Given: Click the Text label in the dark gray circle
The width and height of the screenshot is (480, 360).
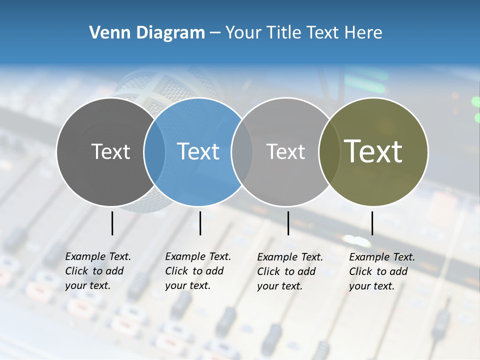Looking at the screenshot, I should pyautogui.click(x=110, y=151).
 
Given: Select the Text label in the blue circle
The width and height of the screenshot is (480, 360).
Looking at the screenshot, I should pyautogui.click(x=198, y=151).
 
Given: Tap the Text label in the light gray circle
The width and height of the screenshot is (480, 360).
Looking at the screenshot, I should pyautogui.click(x=285, y=151).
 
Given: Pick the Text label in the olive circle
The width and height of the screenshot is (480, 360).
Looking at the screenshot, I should pyautogui.click(x=373, y=151).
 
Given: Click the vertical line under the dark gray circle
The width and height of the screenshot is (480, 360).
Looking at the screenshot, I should pyautogui.click(x=112, y=223).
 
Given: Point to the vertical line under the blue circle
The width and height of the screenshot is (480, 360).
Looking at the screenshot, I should pyautogui.click(x=200, y=223).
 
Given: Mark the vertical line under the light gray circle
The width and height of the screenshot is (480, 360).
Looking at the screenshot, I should pyautogui.click(x=288, y=223).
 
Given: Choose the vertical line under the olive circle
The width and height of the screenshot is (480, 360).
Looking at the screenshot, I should pyautogui.click(x=372, y=223).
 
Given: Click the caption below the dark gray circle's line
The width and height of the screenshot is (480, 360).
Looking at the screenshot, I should pyautogui.click(x=97, y=271).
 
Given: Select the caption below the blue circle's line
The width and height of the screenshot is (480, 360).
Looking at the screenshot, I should pyautogui.click(x=197, y=271).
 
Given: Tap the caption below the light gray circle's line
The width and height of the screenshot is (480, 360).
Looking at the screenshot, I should pyautogui.click(x=289, y=271).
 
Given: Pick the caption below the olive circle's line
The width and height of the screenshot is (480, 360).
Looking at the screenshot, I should pyautogui.click(x=381, y=271).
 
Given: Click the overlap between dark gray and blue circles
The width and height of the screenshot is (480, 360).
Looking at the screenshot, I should pyautogui.click(x=154, y=151).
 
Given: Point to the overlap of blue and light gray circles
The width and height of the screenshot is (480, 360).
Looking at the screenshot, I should pyautogui.click(x=242, y=151).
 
